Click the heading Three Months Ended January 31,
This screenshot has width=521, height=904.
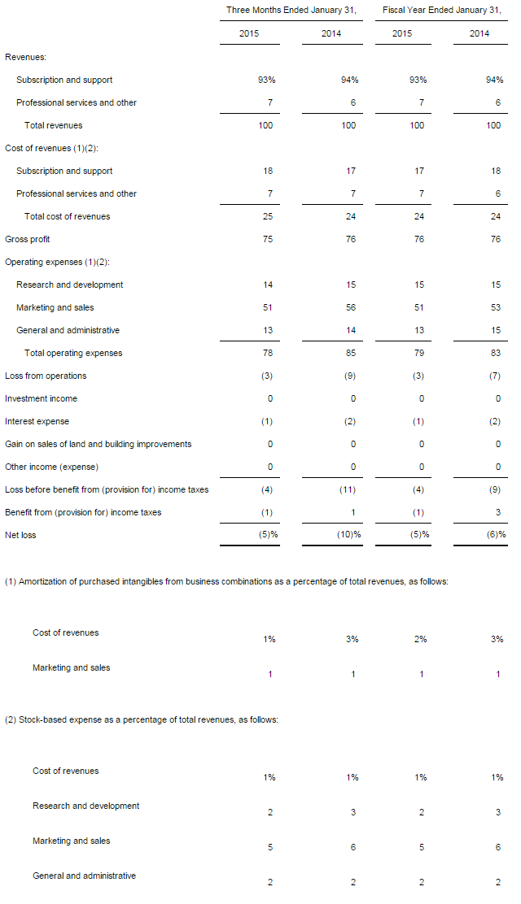[291, 10]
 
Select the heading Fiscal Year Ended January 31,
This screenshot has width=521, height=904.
[441, 10]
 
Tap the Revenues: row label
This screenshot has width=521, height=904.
[25, 57]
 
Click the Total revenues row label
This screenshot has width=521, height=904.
[53, 125]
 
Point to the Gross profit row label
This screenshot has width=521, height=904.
[27, 239]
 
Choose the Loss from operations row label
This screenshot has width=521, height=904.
[46, 376]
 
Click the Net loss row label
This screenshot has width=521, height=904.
[20, 535]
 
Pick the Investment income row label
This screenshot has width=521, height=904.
[41, 398]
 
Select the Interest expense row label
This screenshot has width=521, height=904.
[37, 421]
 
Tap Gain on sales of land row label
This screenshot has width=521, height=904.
[99, 444]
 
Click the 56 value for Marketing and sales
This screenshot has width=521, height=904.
[351, 307]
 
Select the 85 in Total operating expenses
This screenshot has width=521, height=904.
[351, 353]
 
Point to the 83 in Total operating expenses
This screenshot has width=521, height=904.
[496, 353]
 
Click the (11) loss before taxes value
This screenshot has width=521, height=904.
[348, 489]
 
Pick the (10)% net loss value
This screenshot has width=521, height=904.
[349, 534]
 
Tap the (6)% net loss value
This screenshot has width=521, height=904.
[496, 534]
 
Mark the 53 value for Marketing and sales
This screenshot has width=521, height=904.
[496, 307]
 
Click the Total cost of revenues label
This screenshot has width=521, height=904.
[67, 216]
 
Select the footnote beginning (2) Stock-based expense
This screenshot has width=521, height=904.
[142, 719]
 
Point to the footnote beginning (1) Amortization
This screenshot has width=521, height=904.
[226, 581]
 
